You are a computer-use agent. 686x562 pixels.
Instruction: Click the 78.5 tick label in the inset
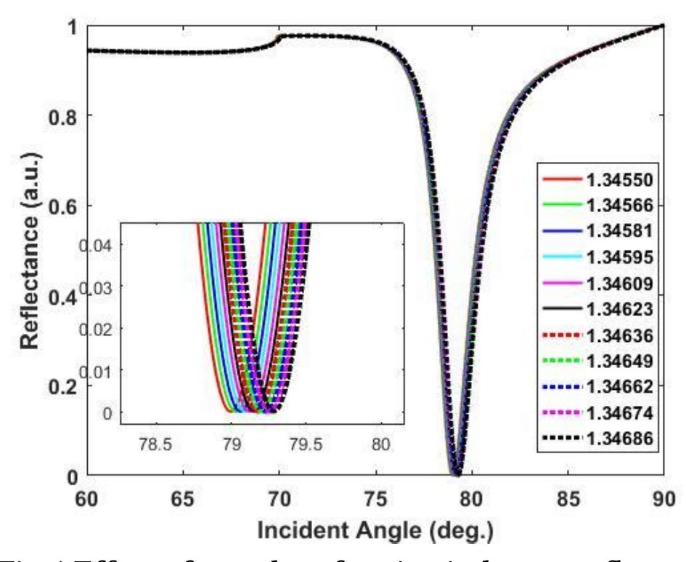pos(155,443)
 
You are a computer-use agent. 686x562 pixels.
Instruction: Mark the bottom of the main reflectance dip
pos(457,474)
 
